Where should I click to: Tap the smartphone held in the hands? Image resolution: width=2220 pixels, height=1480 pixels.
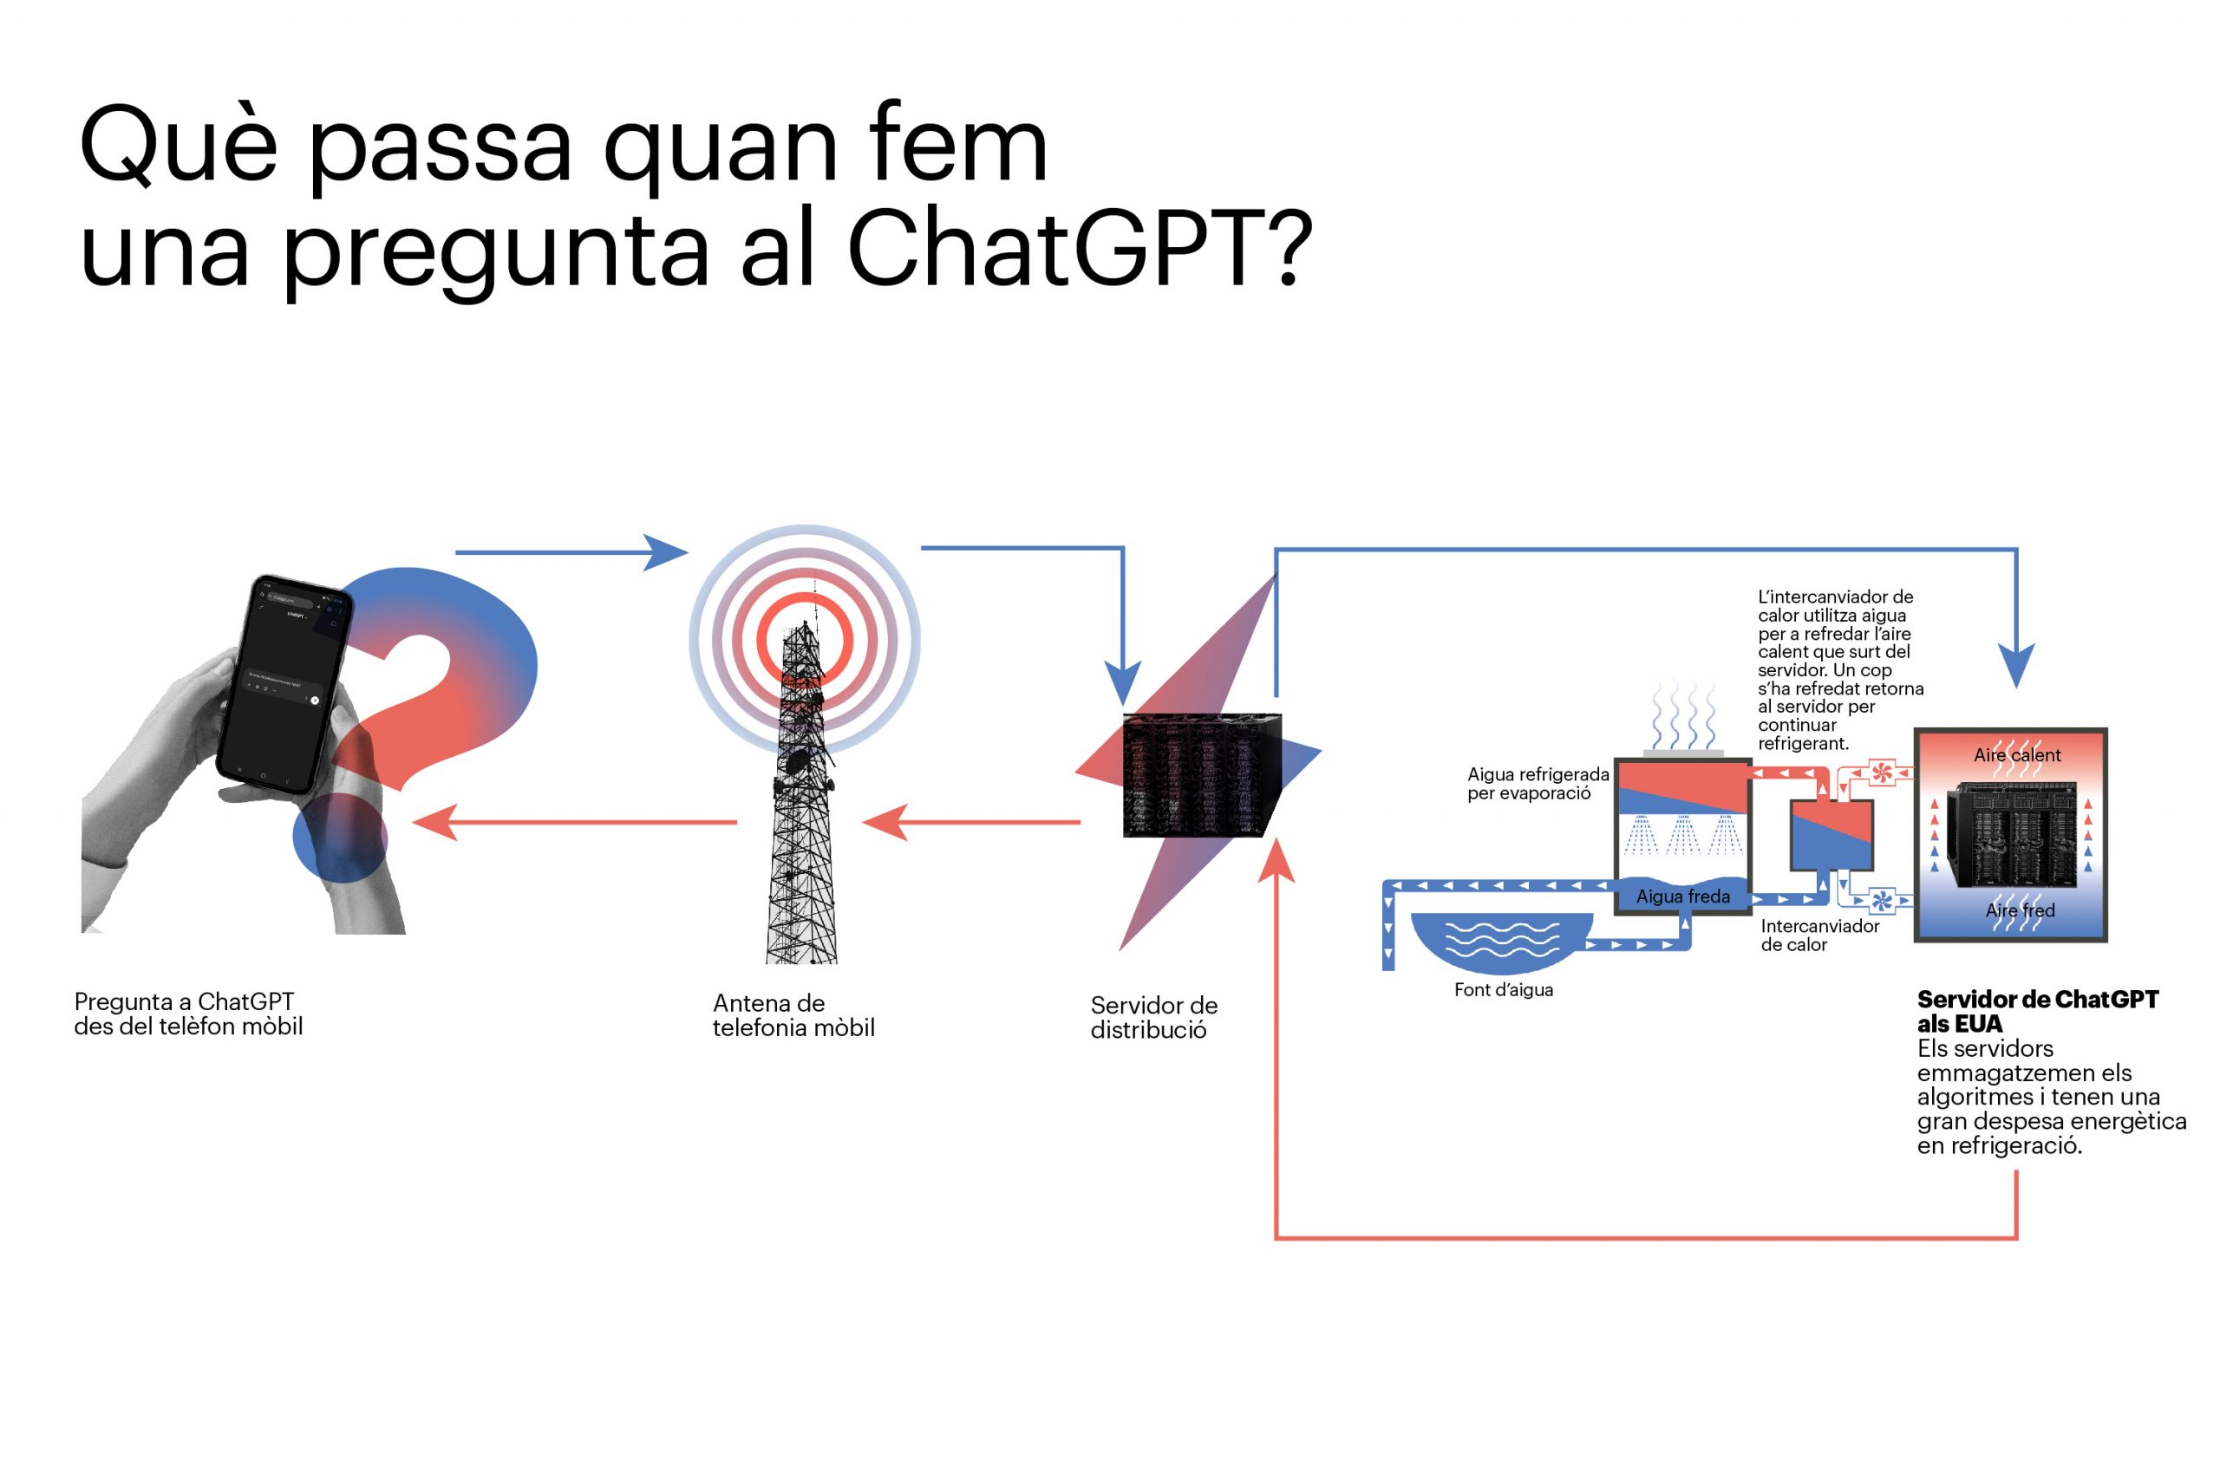[284, 681]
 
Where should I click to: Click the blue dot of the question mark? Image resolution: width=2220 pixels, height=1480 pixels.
[340, 838]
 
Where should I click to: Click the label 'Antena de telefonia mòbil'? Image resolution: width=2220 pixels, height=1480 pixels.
[793, 1014]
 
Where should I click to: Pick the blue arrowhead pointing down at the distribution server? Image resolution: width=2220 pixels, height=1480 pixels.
[1122, 681]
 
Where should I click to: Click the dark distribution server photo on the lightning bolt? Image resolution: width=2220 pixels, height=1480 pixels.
[1202, 775]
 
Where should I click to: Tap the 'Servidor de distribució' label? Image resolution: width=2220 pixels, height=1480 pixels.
[1153, 1018]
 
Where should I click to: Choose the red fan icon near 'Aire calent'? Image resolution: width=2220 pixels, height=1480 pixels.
[1882, 773]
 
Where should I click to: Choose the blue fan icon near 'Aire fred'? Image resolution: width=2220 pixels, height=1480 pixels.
[1882, 902]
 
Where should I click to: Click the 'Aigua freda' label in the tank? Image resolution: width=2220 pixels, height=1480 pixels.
[1683, 896]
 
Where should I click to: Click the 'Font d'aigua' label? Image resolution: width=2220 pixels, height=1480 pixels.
[1503, 990]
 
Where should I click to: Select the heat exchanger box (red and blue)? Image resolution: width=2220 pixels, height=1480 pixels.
[1831, 834]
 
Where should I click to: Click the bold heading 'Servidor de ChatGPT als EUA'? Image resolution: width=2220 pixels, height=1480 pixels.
[2037, 1011]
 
